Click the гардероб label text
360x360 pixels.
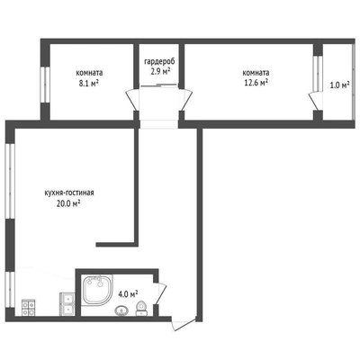pyautogui.click(x=159, y=62)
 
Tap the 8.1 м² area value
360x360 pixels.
pyautogui.click(x=89, y=84)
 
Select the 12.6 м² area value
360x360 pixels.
pyautogui.click(x=256, y=83)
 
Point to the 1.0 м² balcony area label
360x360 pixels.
pyautogui.click(x=339, y=85)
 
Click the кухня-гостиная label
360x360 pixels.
pyautogui.click(x=69, y=193)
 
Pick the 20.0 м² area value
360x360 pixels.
pyautogui.click(x=67, y=203)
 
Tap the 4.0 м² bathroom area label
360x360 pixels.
pyautogui.click(x=128, y=294)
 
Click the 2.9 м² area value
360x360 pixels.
pyautogui.click(x=160, y=72)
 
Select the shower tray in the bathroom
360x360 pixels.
pyautogui.click(x=97, y=290)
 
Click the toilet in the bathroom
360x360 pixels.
pyautogui.click(x=141, y=309)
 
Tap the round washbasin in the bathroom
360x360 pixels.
pyautogui.click(x=121, y=310)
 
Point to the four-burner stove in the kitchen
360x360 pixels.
pyautogui.click(x=29, y=308)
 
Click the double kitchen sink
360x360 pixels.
pyautogui.click(x=67, y=304)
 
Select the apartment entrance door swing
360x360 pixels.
pyautogui.click(x=184, y=323)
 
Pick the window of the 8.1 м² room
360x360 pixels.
pyautogui.click(x=45, y=85)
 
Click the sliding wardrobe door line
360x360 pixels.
pyautogui.click(x=158, y=85)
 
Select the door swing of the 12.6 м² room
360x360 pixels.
pyautogui.click(x=185, y=100)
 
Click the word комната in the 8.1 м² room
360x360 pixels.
pyautogui.click(x=89, y=73)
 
